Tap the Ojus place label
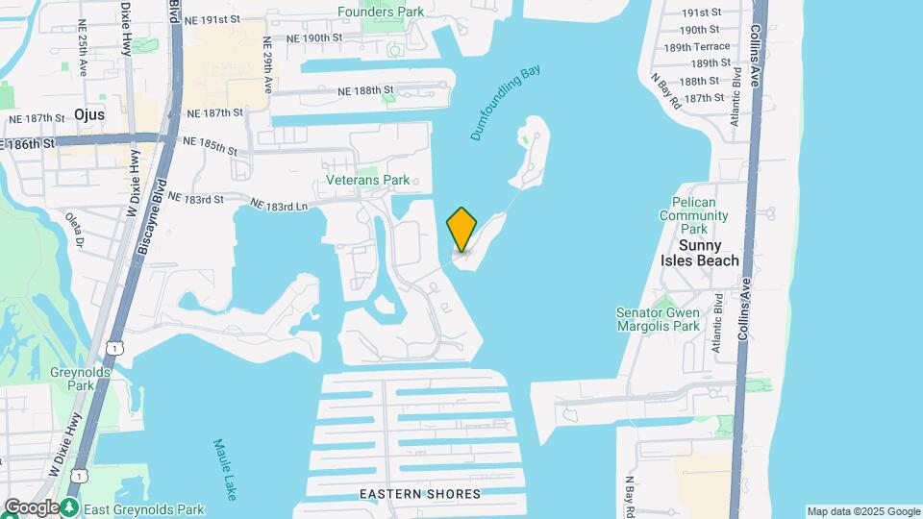[x=115, y=113]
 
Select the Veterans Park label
[x=367, y=180]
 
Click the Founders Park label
[x=381, y=12]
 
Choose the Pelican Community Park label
[x=700, y=216]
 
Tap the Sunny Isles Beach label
[x=700, y=253]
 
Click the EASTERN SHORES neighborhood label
[x=420, y=494]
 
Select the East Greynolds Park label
[x=143, y=508]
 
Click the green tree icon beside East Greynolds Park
[x=71, y=507]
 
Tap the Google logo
[x=31, y=507]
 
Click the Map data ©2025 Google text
[x=863, y=511]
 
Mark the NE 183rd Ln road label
[x=279, y=205]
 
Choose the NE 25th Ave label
[x=83, y=58]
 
